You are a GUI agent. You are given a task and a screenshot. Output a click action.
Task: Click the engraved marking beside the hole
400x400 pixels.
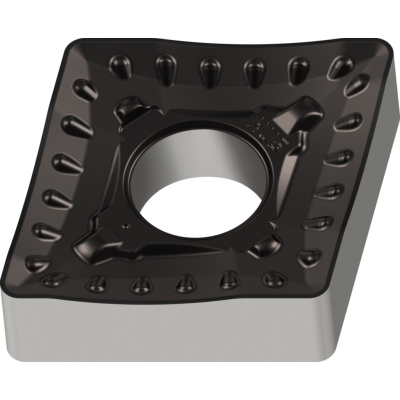coord(268,129)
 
